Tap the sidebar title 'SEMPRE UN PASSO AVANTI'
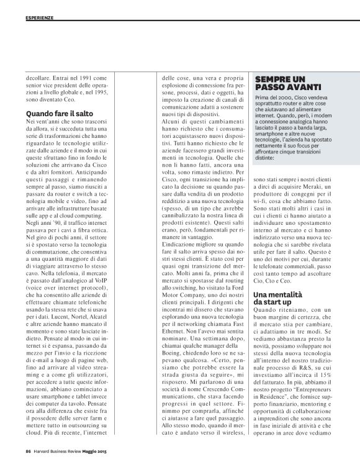click(x=280, y=84)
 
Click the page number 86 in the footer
click(x=29, y=451)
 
